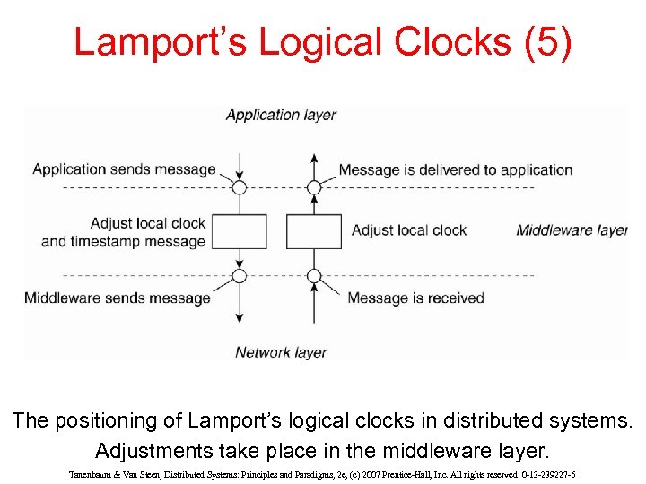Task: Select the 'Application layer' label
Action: (281, 115)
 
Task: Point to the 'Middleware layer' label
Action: (572, 230)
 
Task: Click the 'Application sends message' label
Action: (124, 169)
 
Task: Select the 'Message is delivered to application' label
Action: (455, 169)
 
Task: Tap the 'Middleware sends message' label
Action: (118, 298)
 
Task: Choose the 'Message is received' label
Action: (415, 298)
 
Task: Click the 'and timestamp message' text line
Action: (124, 241)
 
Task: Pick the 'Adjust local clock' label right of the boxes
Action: (409, 230)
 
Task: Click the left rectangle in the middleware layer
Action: (240, 231)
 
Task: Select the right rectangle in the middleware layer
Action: (313, 231)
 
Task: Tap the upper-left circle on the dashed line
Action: (240, 187)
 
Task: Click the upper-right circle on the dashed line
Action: (313, 187)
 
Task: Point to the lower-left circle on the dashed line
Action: (240, 275)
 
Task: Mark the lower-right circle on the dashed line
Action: (313, 275)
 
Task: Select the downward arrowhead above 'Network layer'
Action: (240, 317)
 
